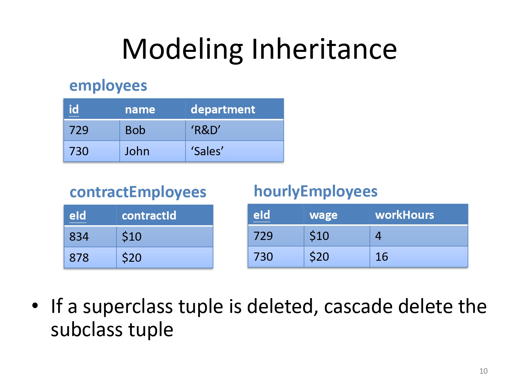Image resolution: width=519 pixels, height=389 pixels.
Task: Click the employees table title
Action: click(108, 86)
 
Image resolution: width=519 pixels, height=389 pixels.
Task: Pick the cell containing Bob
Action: click(153, 130)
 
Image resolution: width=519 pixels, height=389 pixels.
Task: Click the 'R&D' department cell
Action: click(235, 130)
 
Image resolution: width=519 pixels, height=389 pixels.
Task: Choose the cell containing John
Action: click(153, 151)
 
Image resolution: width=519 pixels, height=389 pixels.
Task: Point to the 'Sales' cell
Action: click(235, 151)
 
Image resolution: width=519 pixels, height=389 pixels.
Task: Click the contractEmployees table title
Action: click(138, 192)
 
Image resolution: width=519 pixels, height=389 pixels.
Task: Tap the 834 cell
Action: click(90, 237)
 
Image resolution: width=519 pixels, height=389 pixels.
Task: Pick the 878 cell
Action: click(90, 258)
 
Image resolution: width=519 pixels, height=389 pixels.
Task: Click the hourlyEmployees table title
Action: click(316, 192)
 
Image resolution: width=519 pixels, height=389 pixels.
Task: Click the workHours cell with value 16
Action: click(419, 257)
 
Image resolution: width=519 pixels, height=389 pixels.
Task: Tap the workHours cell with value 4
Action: click(419, 236)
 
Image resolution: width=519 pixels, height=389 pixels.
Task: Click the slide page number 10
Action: click(483, 371)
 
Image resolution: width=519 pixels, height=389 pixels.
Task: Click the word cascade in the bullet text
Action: click(358, 306)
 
